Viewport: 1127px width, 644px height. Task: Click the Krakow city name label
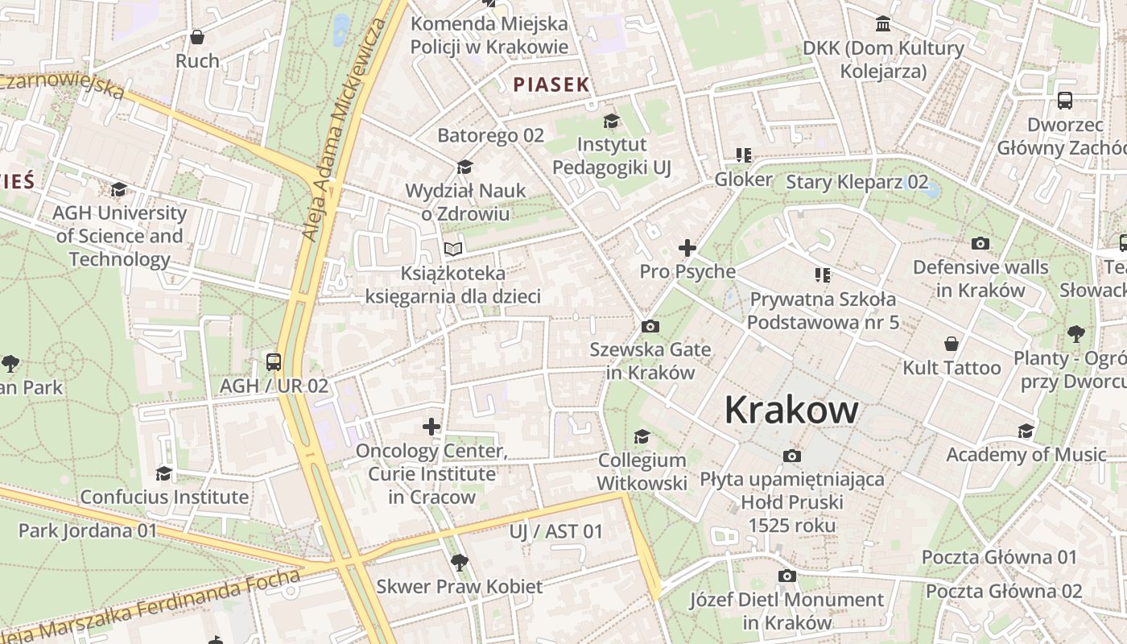pyautogui.click(x=791, y=410)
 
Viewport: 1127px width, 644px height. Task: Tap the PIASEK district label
pyautogui.click(x=551, y=85)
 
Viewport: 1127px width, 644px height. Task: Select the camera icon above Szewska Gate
pyautogui.click(x=650, y=326)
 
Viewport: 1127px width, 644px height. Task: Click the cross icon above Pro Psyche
pyautogui.click(x=687, y=248)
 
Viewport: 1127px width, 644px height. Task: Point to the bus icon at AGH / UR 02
pyautogui.click(x=274, y=361)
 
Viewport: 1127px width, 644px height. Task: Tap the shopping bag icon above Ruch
pyautogui.click(x=197, y=37)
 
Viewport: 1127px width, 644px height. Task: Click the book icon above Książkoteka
pyautogui.click(x=454, y=250)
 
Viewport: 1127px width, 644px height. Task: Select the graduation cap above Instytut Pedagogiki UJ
pyautogui.click(x=611, y=121)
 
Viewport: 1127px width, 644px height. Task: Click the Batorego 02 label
pyautogui.click(x=490, y=135)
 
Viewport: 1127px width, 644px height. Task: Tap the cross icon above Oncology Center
pyautogui.click(x=431, y=427)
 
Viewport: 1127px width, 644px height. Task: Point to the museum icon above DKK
pyautogui.click(x=883, y=24)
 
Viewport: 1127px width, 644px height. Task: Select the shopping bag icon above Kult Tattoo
pyautogui.click(x=952, y=344)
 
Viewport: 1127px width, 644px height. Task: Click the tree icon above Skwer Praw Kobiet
pyautogui.click(x=459, y=562)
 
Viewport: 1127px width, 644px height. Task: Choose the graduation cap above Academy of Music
pyautogui.click(x=1026, y=431)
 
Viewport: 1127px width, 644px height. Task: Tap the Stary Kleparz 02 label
pyautogui.click(x=857, y=182)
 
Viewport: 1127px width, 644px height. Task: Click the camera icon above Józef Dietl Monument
pyautogui.click(x=786, y=576)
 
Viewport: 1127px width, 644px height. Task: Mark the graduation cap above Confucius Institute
pyautogui.click(x=164, y=473)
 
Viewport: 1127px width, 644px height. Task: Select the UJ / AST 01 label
pyautogui.click(x=555, y=531)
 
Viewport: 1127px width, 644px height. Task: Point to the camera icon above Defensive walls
pyautogui.click(x=980, y=243)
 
